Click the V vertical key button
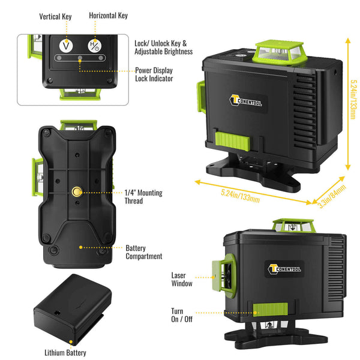(66, 44)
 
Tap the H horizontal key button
(93, 44)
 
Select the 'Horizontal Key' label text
(108, 15)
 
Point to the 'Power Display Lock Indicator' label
(154, 74)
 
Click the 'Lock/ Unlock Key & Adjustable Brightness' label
(163, 48)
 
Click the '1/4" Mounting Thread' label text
(143, 197)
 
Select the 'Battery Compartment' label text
(143, 251)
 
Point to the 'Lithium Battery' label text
(65, 353)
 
